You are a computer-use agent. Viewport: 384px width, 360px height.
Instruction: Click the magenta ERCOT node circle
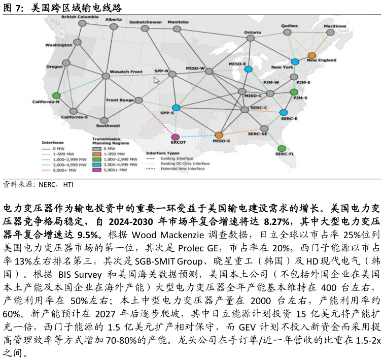tap(175, 137)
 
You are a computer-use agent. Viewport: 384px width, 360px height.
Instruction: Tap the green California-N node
tap(56, 95)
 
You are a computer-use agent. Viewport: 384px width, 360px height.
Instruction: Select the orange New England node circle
tap(312, 55)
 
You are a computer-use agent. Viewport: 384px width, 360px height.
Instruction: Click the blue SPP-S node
tap(176, 108)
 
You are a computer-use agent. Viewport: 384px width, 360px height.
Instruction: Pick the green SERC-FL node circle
tap(282, 148)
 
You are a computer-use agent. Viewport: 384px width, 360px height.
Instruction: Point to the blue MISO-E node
tap(248, 69)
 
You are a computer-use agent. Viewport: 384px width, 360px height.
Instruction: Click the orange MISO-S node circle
tap(219, 135)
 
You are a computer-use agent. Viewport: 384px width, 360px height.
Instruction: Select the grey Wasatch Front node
tap(106, 76)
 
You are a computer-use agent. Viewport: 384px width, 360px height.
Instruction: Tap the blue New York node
tap(295, 62)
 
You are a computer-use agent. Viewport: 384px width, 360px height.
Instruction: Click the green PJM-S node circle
tap(294, 92)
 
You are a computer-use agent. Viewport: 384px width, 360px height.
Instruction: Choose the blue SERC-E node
tap(284, 112)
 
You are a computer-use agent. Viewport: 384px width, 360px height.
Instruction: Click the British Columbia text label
tap(80, 17)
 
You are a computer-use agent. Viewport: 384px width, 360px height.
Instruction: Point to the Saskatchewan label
tap(146, 22)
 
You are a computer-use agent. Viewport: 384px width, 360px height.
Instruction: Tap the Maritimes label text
tap(335, 26)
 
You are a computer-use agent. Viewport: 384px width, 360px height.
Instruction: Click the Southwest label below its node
tap(108, 125)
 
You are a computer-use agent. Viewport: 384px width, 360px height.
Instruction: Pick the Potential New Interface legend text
tap(183, 169)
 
